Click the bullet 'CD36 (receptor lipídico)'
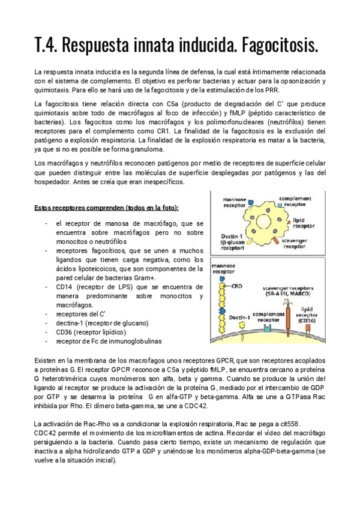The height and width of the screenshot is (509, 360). click(x=90, y=332)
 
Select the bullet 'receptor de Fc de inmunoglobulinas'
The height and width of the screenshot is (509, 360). click(x=109, y=341)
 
